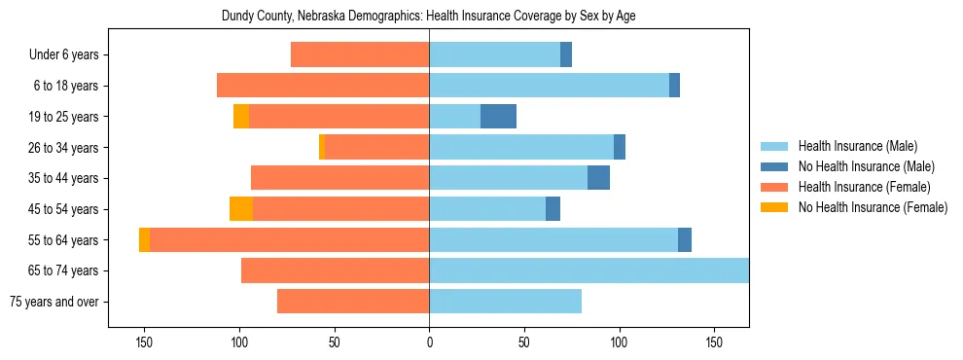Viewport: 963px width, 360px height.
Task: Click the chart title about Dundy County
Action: point(429,17)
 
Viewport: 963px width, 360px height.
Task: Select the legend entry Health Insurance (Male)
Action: point(851,147)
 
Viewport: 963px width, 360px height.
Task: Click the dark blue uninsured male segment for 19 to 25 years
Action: point(498,117)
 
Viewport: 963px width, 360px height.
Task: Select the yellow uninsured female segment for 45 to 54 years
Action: point(240,209)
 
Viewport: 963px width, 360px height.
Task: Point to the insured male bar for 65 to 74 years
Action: point(588,270)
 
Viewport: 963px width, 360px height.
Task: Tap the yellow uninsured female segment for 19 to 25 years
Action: point(240,117)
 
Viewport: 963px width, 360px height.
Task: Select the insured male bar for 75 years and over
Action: point(505,302)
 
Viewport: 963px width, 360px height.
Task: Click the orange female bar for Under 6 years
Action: point(360,55)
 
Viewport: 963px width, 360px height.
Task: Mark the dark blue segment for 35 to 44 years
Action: point(598,178)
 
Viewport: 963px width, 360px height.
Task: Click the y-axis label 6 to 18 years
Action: point(66,87)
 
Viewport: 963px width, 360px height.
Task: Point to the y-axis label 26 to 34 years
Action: point(63,148)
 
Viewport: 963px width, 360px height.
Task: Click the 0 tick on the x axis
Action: point(429,343)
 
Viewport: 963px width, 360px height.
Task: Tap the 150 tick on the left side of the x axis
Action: point(144,343)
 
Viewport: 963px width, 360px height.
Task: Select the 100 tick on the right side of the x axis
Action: point(619,343)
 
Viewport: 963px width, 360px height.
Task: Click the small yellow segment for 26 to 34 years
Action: point(321,148)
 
